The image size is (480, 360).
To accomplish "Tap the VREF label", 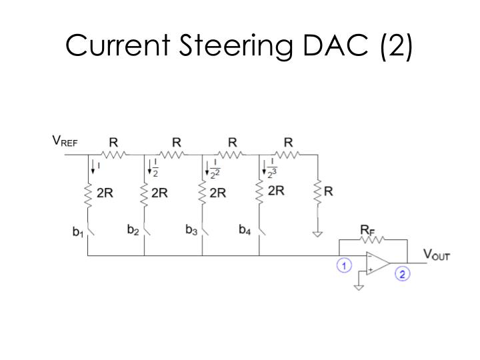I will pyautogui.click(x=65, y=141).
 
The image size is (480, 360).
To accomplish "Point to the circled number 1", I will pyautogui.click(x=344, y=265).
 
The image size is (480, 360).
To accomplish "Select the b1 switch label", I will pyautogui.click(x=78, y=233).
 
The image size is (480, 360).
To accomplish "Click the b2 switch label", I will pyautogui.click(x=133, y=230).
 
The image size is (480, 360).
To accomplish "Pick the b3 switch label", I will pyautogui.click(x=191, y=230).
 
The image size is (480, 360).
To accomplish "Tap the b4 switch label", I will pyautogui.click(x=245, y=230).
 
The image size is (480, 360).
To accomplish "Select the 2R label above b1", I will pyautogui.click(x=105, y=193).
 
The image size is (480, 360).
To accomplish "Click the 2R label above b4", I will pyautogui.click(x=276, y=191).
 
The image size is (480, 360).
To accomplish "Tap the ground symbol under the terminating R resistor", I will pyautogui.click(x=317, y=233).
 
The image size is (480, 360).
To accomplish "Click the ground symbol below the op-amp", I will pyautogui.click(x=359, y=287).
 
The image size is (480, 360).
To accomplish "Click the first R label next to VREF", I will pyautogui.click(x=113, y=142).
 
